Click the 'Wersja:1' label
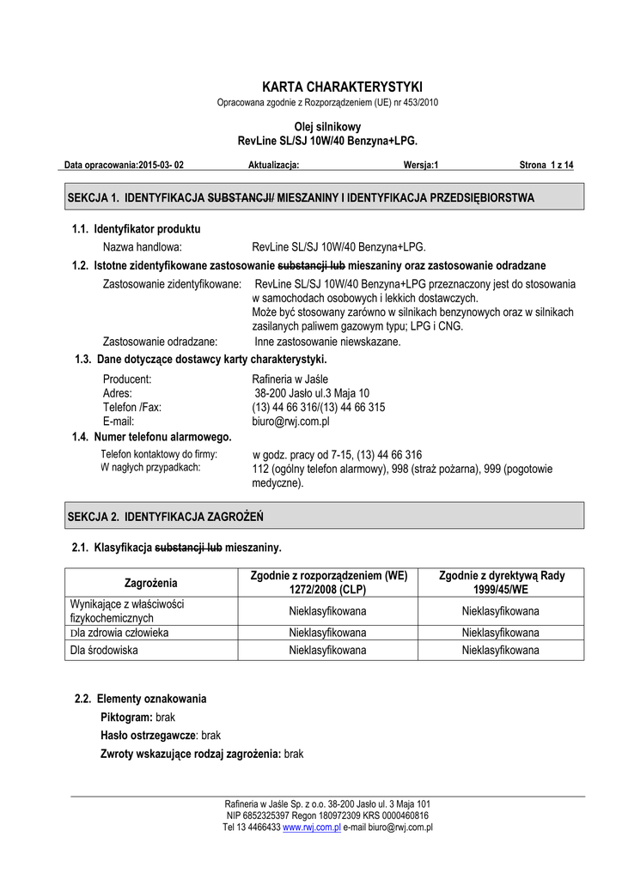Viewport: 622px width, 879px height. click(420, 165)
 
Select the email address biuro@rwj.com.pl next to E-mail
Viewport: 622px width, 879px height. click(290, 421)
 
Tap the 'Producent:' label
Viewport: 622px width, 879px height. click(126, 379)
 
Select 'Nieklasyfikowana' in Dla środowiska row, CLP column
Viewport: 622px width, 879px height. click(327, 651)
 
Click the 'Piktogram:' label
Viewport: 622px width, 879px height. click(126, 717)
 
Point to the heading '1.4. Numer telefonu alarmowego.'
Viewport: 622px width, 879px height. click(152, 437)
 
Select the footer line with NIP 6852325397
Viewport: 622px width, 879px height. click(327, 815)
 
